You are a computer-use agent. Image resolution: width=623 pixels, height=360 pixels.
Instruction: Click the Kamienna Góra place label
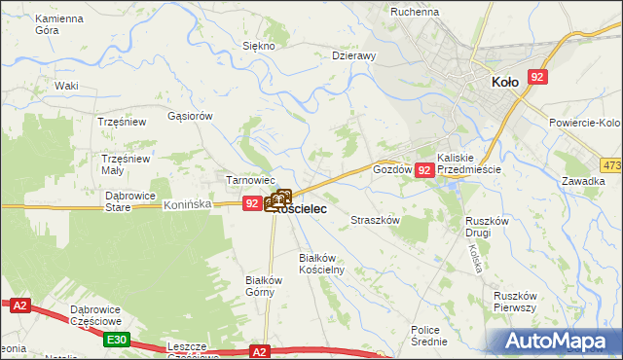pyautogui.click(x=60, y=25)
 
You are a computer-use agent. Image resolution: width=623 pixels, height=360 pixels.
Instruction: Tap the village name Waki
pyautogui.click(x=66, y=86)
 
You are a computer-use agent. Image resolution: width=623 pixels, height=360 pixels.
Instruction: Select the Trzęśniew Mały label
pyautogui.click(x=127, y=164)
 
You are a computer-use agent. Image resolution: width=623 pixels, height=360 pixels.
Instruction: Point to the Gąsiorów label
pyautogui.click(x=190, y=116)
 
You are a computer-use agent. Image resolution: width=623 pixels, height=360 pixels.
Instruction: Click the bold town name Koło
pyautogui.click(x=511, y=83)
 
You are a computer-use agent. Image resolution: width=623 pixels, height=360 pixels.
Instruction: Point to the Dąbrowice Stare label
pyautogui.click(x=131, y=200)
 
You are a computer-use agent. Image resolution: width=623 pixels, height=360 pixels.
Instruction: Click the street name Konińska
pyautogui.click(x=188, y=205)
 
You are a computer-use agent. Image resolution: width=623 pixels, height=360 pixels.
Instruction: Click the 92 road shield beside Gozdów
pyautogui.click(x=423, y=170)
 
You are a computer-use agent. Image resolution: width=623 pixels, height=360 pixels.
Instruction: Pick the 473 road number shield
pyautogui.click(x=611, y=165)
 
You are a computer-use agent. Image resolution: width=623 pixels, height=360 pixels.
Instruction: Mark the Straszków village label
pyautogui.click(x=376, y=221)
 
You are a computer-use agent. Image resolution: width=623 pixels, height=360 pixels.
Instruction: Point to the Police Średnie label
pyautogui.click(x=428, y=336)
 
